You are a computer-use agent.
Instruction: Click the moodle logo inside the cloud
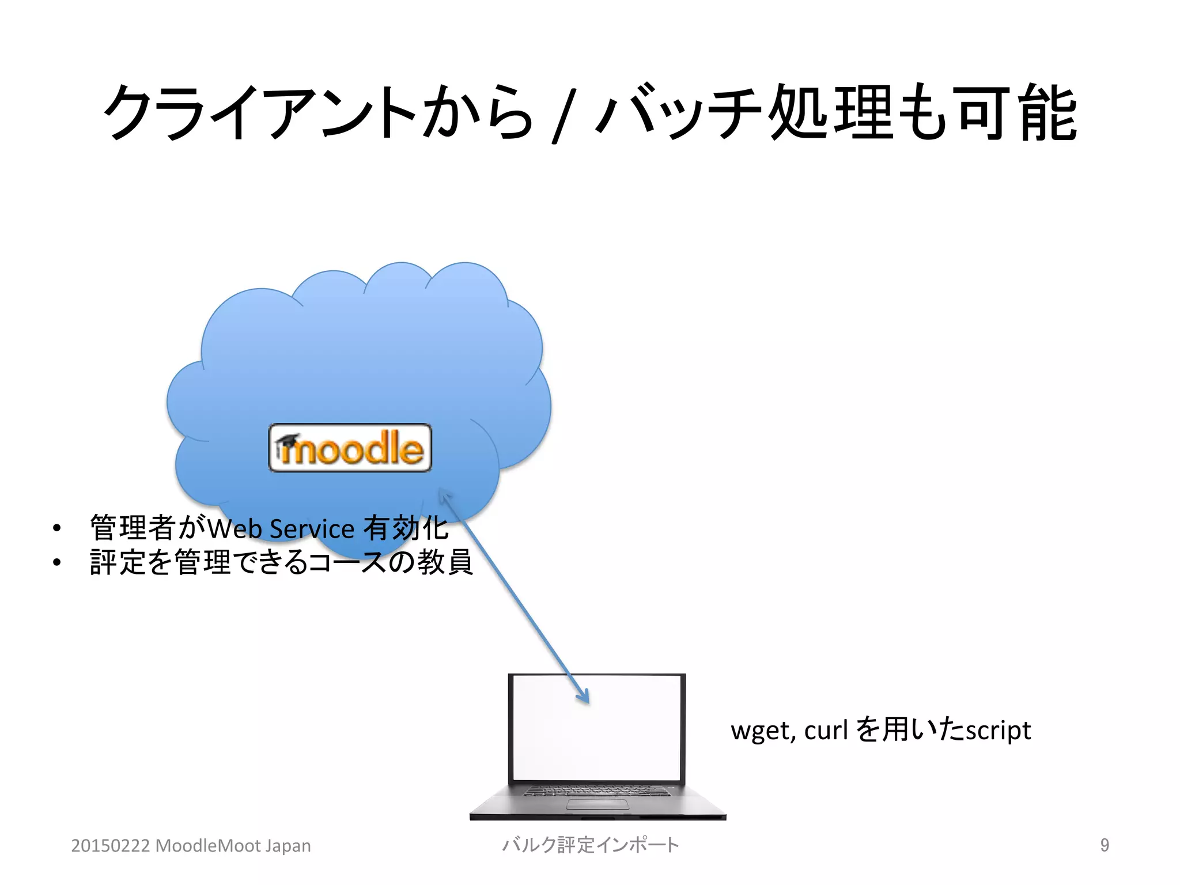350,448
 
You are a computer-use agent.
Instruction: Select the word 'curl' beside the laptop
826,730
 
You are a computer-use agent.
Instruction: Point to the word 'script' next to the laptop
998,731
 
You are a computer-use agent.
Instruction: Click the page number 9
1104,845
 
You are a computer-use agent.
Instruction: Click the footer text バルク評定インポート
590,845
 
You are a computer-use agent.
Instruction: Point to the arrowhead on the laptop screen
584,697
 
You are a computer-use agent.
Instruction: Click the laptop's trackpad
597,804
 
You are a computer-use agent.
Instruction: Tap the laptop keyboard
597,791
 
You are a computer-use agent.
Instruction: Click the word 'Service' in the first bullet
312,529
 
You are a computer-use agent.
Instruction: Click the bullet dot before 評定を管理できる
56,562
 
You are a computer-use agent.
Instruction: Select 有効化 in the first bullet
406,528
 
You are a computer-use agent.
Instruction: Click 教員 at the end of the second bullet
445,562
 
